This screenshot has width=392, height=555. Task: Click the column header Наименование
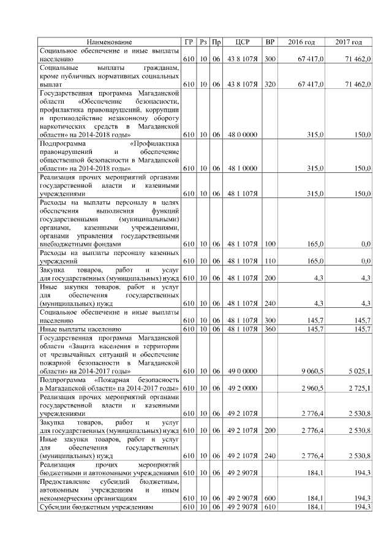[110, 42]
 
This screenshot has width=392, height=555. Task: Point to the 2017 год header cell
[349, 42]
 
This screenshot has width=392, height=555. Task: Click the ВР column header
[269, 42]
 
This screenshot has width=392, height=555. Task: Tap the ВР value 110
[269, 261]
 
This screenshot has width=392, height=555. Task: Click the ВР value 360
[269, 329]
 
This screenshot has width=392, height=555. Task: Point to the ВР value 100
[269, 244]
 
